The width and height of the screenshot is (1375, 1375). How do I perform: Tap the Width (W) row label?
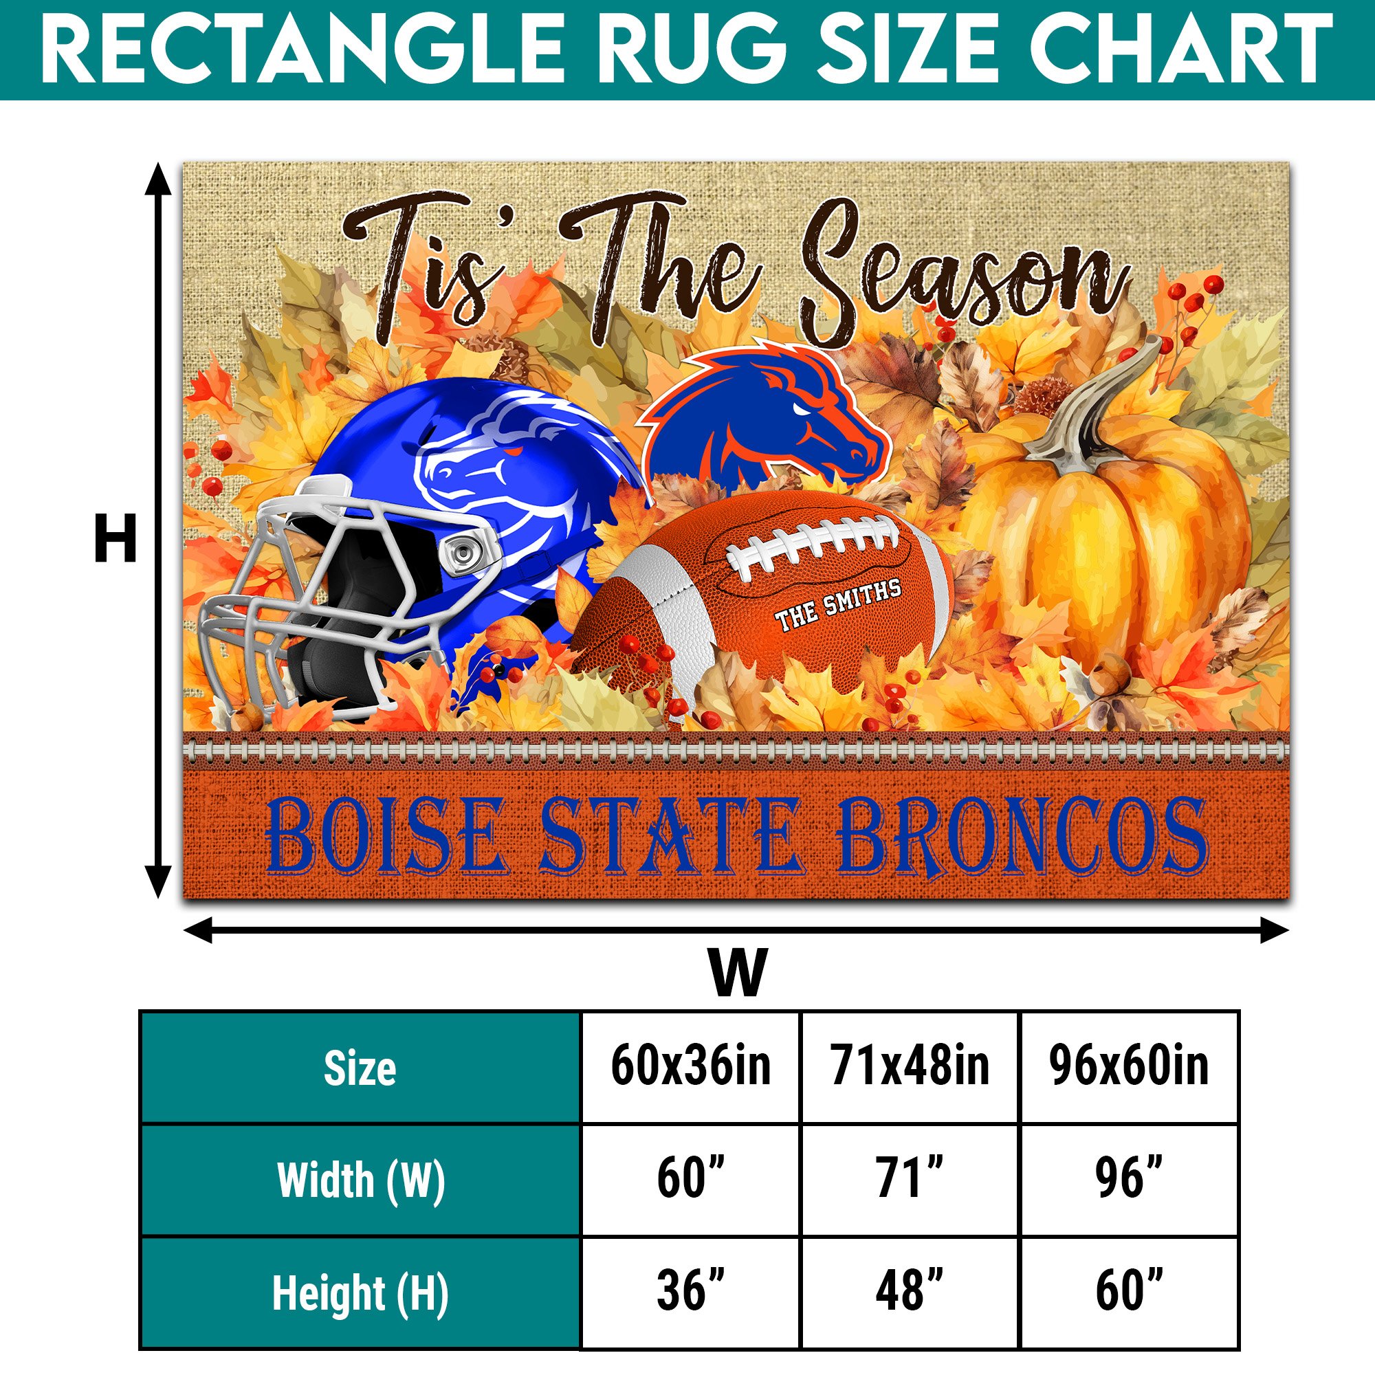tap(361, 1180)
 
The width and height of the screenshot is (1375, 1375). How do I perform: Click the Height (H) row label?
tap(361, 1293)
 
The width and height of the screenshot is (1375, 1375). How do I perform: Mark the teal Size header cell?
tap(361, 1068)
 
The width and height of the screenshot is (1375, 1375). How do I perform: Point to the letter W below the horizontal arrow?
tap(738, 972)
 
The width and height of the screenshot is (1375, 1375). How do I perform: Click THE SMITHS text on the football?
tap(837, 605)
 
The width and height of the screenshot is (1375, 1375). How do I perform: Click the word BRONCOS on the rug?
tap(1022, 837)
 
